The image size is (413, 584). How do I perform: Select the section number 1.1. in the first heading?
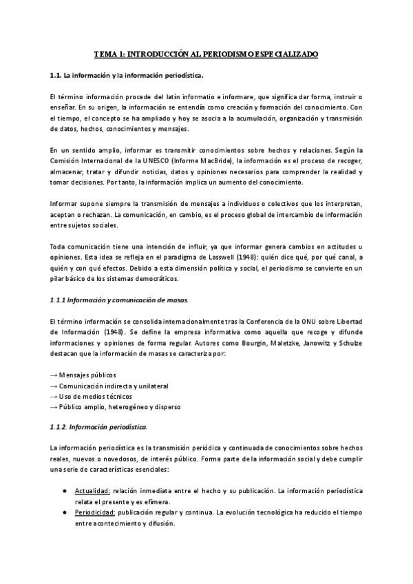(59, 75)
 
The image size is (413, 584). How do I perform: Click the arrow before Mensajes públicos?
(54, 374)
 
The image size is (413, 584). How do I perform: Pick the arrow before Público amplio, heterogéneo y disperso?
(54, 407)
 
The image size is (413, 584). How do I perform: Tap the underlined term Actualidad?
(94, 490)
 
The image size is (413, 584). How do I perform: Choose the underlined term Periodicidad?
(95, 512)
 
